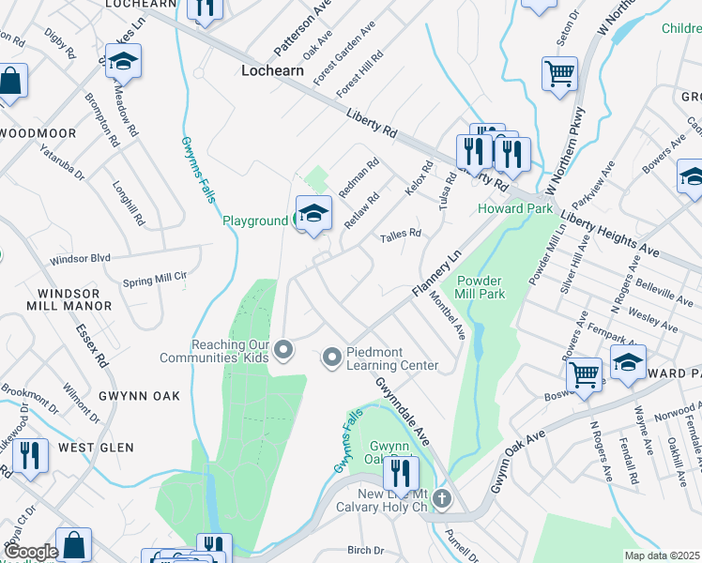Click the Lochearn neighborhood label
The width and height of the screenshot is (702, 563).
pos(279,70)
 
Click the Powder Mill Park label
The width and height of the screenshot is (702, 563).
pos(481,287)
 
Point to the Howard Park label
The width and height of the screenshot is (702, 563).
pos(514,208)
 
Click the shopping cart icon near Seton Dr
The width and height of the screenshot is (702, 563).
pos(559,73)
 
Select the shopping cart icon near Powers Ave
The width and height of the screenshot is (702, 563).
pos(585,375)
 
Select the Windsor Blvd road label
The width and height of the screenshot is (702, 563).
pos(81,258)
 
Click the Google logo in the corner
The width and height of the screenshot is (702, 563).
pos(32,552)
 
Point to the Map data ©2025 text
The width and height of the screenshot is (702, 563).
pos(662,555)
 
